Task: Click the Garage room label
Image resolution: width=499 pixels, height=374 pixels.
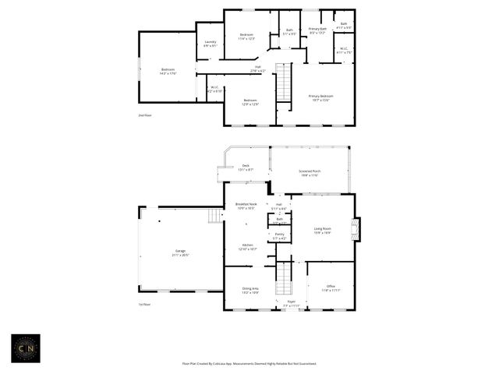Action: tap(180, 252)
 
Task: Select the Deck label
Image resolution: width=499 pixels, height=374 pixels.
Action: tap(245, 167)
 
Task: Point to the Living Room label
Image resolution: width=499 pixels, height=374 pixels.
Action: tap(322, 230)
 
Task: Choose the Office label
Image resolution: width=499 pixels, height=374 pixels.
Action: tap(331, 288)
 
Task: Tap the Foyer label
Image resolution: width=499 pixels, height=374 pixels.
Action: tap(291, 303)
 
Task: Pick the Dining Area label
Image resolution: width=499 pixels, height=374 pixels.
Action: tap(249, 290)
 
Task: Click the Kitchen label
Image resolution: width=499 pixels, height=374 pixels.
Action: tap(247, 247)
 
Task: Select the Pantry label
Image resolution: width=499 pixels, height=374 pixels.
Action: tap(279, 235)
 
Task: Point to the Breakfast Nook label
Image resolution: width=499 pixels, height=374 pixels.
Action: tap(246, 206)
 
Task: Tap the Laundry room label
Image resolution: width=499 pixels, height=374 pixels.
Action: tap(210, 44)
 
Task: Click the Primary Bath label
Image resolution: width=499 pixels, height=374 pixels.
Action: tap(317, 30)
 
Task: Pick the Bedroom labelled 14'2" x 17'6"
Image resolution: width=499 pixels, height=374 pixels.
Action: tap(168, 71)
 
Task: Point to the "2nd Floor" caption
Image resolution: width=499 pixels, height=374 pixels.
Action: tap(146, 115)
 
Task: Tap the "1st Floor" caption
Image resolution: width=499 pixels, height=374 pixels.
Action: tap(146, 305)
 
